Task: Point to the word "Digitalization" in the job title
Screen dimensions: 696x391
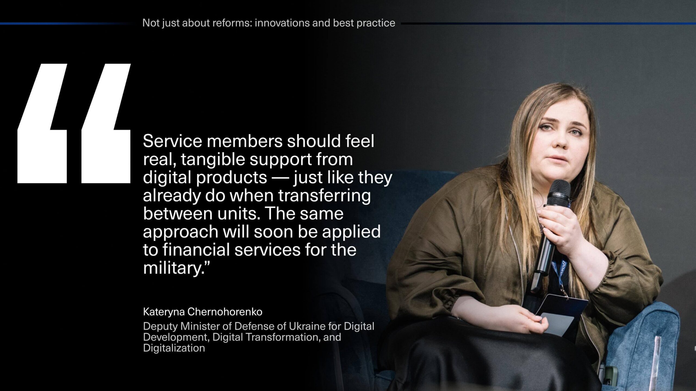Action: [x=174, y=348]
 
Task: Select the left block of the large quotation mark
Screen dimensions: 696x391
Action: [x=42, y=124]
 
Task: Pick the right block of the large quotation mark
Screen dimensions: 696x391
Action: [x=106, y=124]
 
